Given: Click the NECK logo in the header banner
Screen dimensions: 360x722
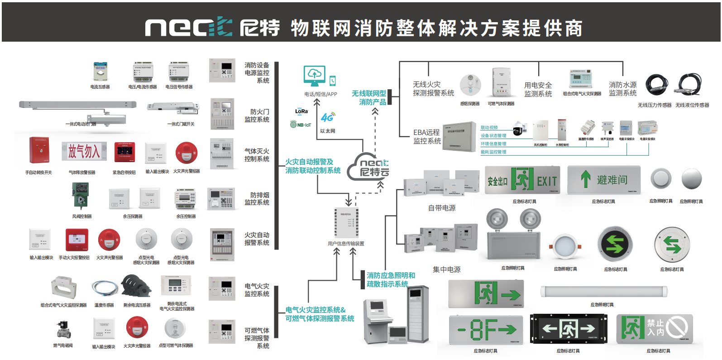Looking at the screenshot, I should [x=189, y=27].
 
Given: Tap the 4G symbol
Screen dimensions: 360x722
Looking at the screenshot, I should [x=327, y=117].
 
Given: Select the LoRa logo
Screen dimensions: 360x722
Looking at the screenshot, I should [x=301, y=111].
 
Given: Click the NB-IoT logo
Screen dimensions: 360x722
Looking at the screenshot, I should [x=301, y=125].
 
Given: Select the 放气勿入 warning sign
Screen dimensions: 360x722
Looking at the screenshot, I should [x=84, y=152].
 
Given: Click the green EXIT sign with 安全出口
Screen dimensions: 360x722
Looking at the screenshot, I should [x=522, y=180].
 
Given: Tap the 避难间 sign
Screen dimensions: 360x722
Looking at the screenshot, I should [x=603, y=179].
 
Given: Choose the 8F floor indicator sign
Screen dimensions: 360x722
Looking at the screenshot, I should [x=486, y=330].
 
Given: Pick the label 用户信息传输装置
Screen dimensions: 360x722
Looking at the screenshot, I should [x=346, y=244].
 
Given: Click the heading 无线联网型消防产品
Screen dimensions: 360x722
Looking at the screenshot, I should [x=369, y=97].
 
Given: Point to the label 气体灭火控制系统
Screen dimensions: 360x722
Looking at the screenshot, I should [x=257, y=155].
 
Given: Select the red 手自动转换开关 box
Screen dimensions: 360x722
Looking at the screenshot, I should [x=39, y=150].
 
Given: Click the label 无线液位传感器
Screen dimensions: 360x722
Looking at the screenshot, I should [x=692, y=105].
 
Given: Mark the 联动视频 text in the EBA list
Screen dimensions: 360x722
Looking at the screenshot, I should [x=489, y=128].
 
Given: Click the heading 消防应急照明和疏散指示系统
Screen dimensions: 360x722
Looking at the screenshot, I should [x=391, y=279].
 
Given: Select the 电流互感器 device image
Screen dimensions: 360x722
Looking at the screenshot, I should [x=100, y=72].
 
